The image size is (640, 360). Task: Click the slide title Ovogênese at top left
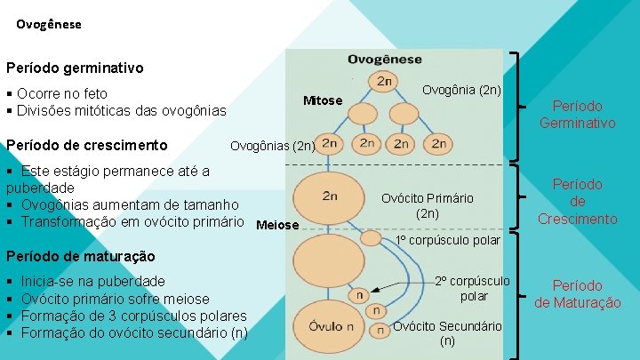point(48,25)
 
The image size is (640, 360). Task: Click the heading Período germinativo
point(75,68)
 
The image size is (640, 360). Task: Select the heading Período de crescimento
point(87,145)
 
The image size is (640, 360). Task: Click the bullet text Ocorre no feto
point(62,93)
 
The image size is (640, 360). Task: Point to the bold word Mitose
point(322,100)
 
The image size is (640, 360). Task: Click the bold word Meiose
point(276,225)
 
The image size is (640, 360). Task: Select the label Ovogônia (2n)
point(461,90)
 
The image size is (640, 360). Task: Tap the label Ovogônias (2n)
point(272,146)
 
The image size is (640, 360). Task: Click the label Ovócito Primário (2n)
point(439,205)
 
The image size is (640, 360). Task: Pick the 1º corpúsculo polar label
point(448,241)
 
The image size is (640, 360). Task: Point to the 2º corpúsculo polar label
point(473,288)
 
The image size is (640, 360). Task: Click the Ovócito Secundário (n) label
point(447,332)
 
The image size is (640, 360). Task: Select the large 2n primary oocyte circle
point(330,195)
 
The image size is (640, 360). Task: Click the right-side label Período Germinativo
point(577,115)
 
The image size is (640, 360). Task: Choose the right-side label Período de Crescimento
point(577,201)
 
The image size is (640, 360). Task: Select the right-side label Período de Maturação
point(577,294)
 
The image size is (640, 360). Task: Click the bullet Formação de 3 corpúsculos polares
point(133,316)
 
